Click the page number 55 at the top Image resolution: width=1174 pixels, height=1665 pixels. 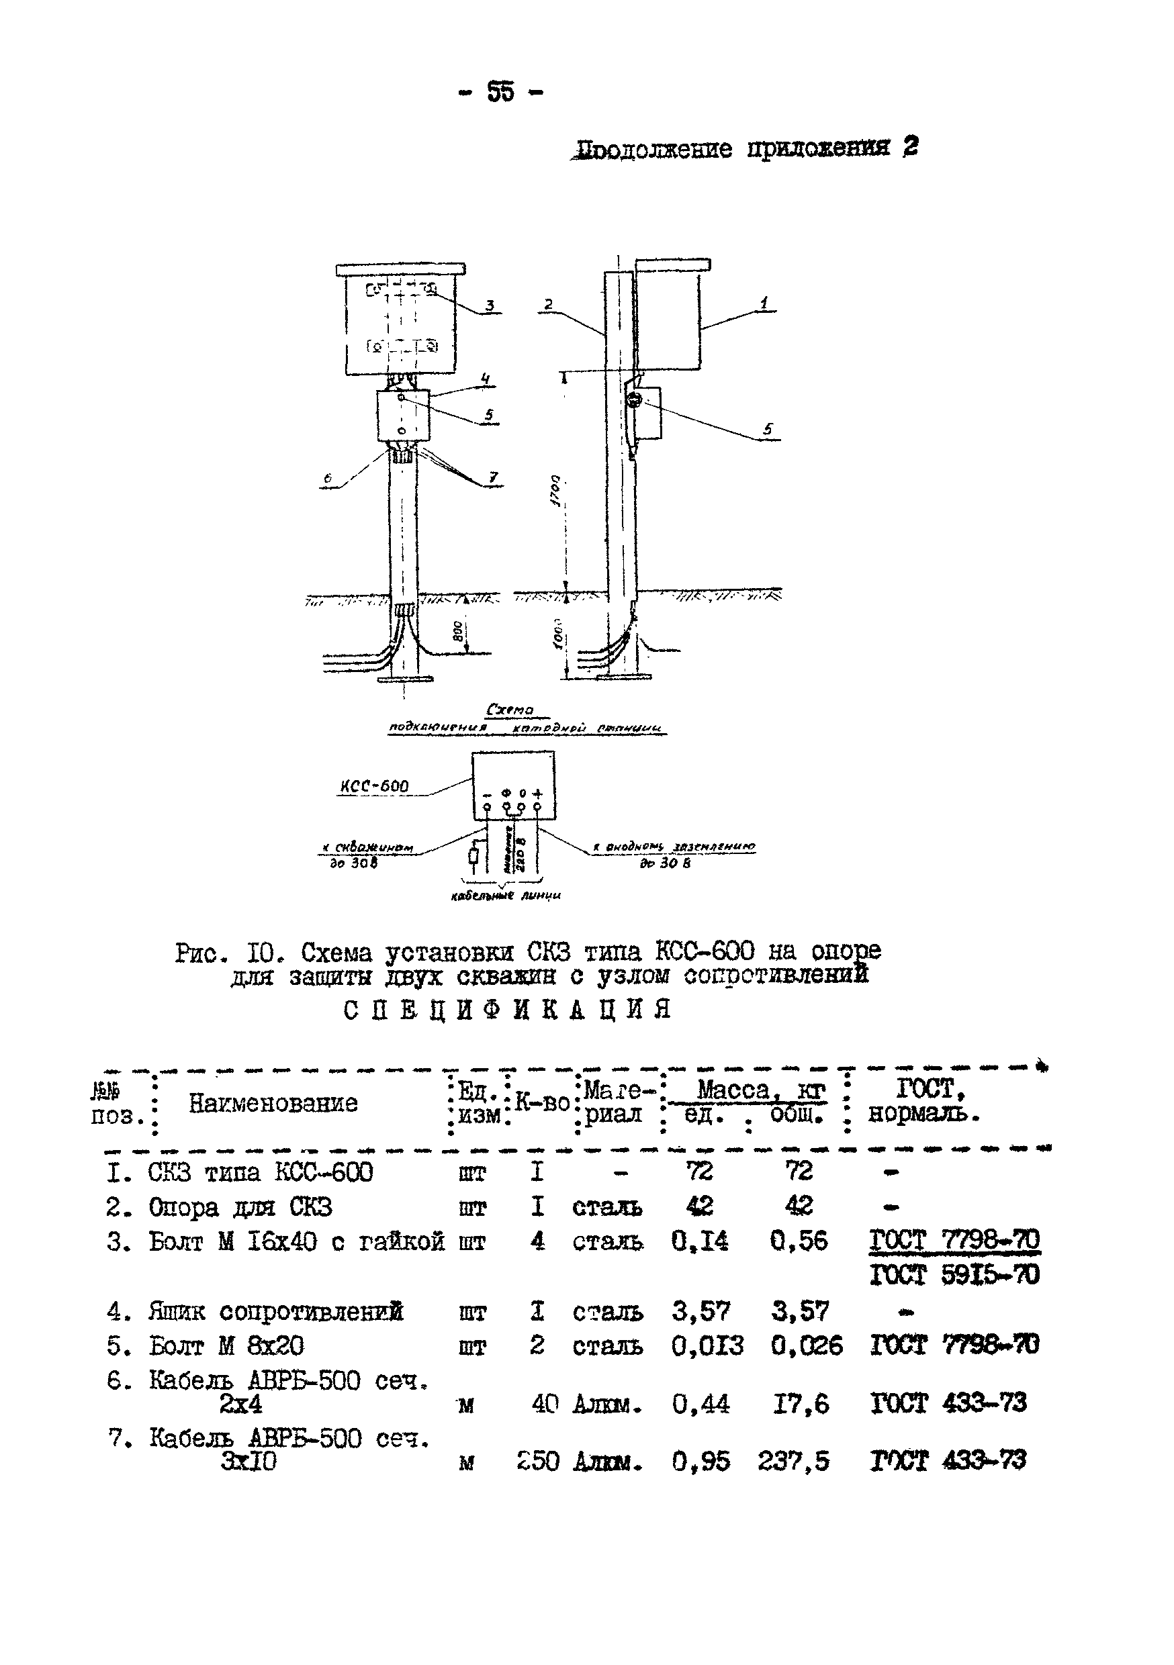[500, 92]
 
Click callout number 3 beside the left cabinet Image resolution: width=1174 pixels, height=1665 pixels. [490, 305]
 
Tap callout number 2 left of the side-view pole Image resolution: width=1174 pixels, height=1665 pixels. [549, 305]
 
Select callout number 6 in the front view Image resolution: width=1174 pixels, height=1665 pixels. [328, 479]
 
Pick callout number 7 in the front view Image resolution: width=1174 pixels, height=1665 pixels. [494, 477]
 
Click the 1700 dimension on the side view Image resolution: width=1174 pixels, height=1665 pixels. [555, 491]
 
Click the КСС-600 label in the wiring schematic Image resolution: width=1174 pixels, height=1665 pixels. [374, 786]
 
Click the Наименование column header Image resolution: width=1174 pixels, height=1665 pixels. [273, 1103]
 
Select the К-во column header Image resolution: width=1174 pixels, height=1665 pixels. [542, 1102]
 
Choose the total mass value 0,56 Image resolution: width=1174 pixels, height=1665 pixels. [798, 1241]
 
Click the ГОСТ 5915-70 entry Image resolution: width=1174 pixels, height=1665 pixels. [954, 1274]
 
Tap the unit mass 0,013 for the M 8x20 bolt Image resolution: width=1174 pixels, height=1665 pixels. [707, 1346]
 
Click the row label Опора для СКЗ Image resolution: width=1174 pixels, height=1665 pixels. [240, 1206]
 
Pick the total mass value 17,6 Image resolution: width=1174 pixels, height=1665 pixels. [801, 1404]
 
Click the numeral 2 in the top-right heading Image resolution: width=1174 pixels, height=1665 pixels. [910, 147]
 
